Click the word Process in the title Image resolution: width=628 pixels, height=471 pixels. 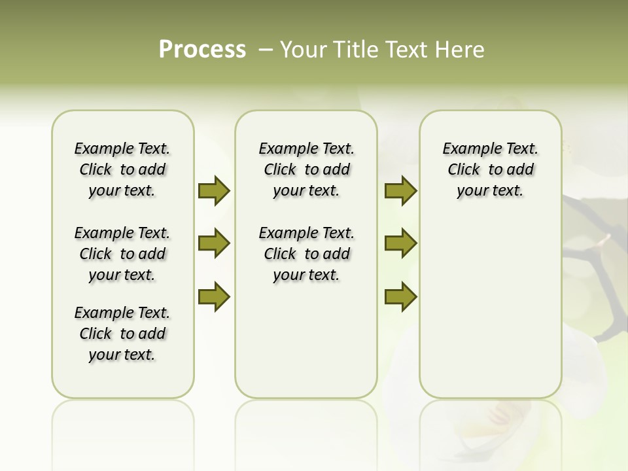202,50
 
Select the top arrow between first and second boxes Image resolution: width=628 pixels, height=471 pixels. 214,190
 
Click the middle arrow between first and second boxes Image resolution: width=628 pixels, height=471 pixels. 214,243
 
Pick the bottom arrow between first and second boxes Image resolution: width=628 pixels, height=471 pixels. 214,297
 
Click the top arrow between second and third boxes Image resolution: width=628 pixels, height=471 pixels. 400,190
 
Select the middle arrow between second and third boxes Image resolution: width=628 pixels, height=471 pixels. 400,243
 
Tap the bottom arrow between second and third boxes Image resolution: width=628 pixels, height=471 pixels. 400,297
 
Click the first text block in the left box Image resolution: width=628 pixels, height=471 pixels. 122,169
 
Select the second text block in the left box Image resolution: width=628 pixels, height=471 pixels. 122,254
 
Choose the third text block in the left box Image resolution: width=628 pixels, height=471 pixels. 122,334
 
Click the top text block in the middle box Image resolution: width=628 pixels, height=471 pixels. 306,169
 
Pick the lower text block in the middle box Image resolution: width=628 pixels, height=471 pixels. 306,254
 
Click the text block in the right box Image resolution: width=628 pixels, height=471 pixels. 490,169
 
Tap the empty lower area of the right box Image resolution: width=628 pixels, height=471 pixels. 490,314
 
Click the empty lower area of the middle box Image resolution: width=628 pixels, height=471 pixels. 306,340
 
